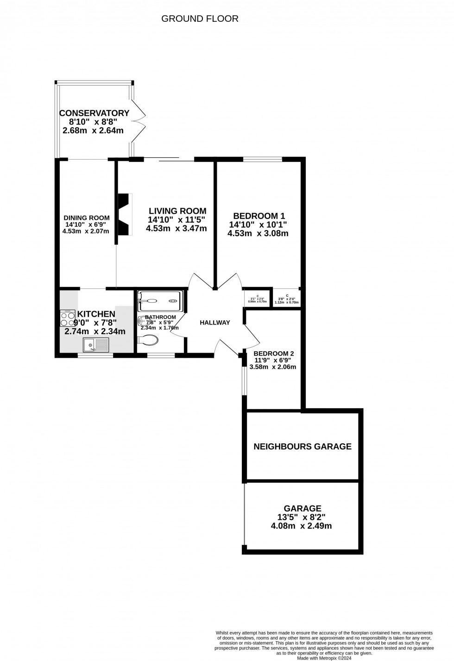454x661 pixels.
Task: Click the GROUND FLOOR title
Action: tap(200, 19)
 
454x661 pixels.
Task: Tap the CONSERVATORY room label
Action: tap(94, 113)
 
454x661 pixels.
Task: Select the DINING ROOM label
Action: tap(87, 218)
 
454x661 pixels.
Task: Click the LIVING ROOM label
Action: tap(177, 211)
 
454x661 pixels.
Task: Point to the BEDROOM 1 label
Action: tap(259, 216)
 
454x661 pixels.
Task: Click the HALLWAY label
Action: tap(215, 323)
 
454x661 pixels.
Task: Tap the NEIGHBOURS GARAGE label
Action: tap(303, 447)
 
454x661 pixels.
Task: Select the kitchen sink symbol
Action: tap(96, 345)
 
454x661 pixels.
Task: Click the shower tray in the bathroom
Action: tap(161, 301)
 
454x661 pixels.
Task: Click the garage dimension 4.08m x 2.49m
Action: tap(301, 526)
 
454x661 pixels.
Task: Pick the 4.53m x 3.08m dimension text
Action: tap(258, 233)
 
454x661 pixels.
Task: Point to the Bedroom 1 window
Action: tap(263, 160)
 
